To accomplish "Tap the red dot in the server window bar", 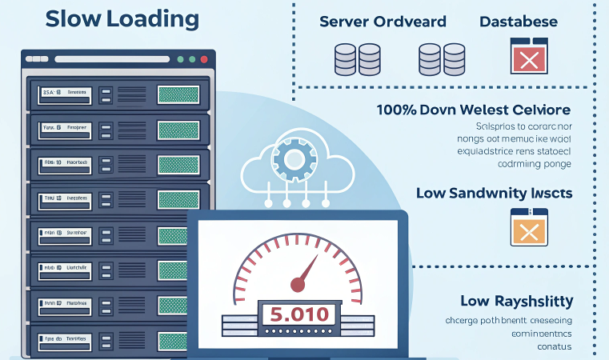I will point(204,59).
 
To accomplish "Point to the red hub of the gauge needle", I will point(298,282).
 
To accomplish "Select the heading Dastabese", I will point(518,22).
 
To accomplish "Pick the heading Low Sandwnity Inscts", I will point(494,193).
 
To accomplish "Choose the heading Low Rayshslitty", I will point(516,302).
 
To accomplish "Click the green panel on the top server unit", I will point(178,94).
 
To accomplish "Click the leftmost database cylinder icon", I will point(346,59).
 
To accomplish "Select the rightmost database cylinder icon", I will point(454,59).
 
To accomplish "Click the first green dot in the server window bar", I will point(180,59).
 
